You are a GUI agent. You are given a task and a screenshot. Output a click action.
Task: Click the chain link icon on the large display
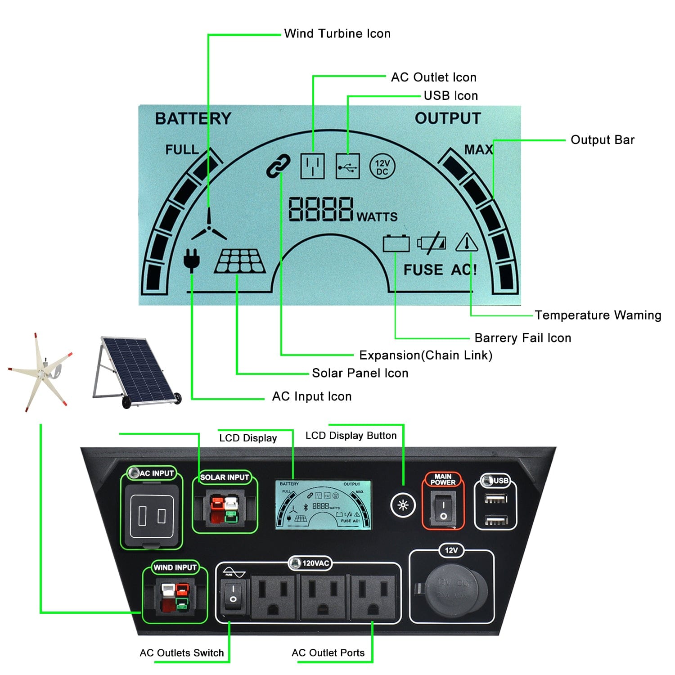point(278,166)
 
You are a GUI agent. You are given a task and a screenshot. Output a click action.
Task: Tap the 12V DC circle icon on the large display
point(382,167)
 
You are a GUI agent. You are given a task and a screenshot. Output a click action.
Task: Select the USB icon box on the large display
point(348,166)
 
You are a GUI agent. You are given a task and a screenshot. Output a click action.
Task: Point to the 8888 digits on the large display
point(320,209)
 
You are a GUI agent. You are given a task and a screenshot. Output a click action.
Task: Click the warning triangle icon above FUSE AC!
point(467,243)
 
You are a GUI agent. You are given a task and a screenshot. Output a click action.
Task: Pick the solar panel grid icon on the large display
point(240,261)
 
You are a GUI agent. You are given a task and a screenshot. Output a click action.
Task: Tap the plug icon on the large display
point(191,260)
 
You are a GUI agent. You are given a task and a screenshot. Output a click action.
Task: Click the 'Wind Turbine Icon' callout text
point(337,34)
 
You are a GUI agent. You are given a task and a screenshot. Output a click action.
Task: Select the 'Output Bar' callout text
point(602,140)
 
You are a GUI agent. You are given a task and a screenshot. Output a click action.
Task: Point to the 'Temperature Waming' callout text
point(598,315)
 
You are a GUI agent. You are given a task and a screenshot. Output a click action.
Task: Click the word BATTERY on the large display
point(193,118)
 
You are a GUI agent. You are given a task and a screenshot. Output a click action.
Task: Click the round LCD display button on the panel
point(403,505)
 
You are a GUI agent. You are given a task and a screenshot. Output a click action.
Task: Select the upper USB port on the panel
point(495,499)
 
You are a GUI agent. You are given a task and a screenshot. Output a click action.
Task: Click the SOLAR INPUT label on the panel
point(224,477)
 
